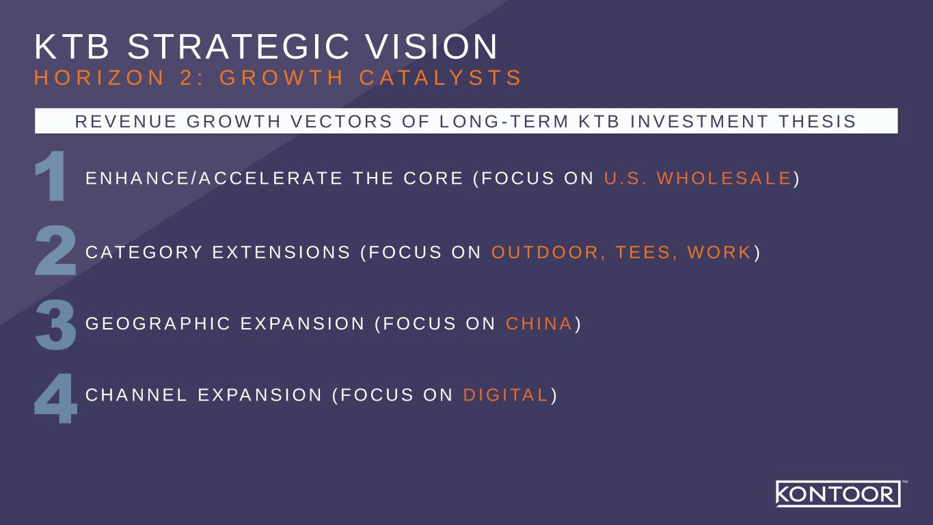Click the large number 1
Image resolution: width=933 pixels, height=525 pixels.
(x=51, y=176)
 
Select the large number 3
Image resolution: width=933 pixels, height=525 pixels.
(x=56, y=325)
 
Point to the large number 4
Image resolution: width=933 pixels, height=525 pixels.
(x=56, y=399)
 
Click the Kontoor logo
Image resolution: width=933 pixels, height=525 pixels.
(x=839, y=494)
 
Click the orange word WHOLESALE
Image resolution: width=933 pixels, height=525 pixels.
(x=724, y=178)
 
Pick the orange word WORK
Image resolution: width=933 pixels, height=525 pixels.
(x=719, y=252)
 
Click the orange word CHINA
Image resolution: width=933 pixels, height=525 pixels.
(x=539, y=324)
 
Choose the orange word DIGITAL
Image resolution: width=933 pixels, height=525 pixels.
(x=506, y=395)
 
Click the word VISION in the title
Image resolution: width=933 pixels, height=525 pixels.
(x=432, y=46)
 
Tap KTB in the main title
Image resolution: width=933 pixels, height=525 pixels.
(x=72, y=46)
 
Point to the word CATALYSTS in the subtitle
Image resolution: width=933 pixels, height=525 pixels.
(x=440, y=78)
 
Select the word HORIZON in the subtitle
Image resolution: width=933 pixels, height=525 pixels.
(x=100, y=78)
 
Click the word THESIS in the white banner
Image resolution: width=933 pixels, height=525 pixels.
(x=817, y=121)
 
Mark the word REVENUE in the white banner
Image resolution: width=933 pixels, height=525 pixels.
(x=126, y=121)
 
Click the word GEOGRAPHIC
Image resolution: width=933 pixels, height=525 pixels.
(x=158, y=324)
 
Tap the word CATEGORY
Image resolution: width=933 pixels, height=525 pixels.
(x=144, y=252)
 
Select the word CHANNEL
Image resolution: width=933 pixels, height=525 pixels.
(x=136, y=395)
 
